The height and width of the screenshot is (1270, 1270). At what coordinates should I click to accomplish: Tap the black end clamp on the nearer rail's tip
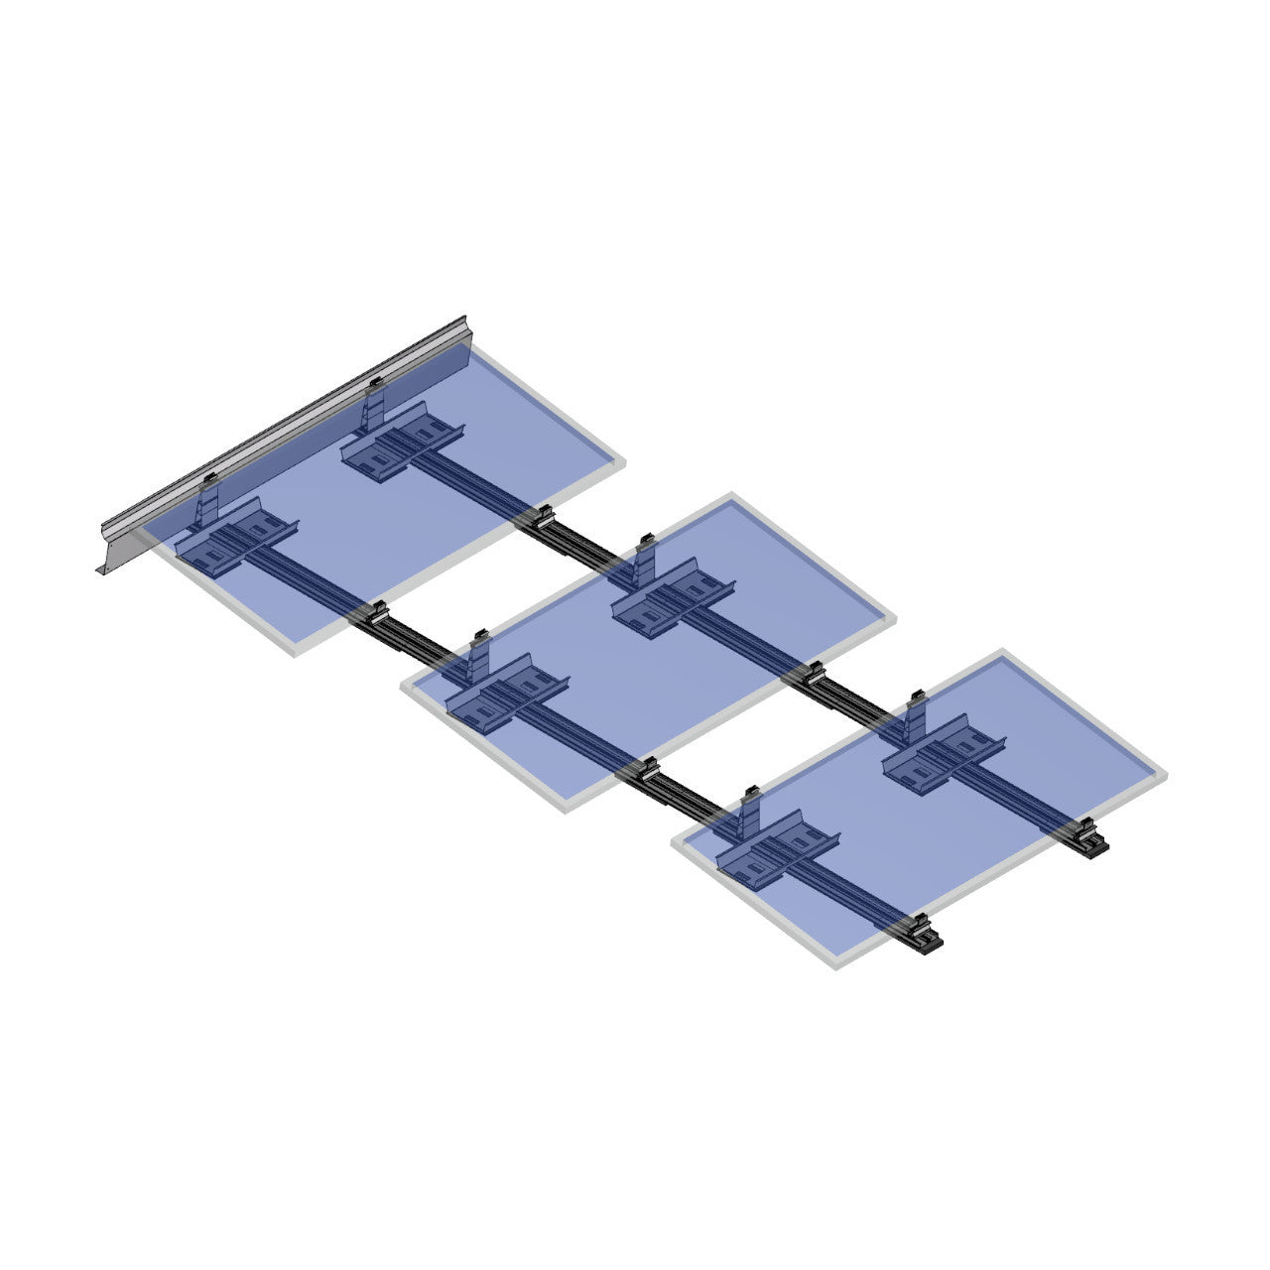tap(928, 937)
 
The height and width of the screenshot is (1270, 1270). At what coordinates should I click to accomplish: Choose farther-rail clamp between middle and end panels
tap(814, 674)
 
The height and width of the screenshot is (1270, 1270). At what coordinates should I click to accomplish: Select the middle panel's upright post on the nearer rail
tap(479, 657)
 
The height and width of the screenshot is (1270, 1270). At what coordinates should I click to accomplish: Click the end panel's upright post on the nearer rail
tap(751, 814)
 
